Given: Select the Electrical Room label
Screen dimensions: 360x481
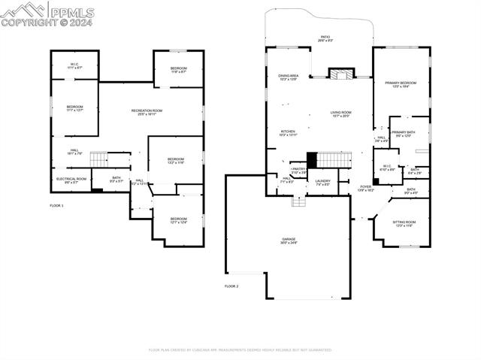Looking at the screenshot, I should coord(71,180).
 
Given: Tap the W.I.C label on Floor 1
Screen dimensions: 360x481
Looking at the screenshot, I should coord(74,66).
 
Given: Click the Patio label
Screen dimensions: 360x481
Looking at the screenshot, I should coord(325,38).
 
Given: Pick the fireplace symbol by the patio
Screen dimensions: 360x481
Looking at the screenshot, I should coord(340,74).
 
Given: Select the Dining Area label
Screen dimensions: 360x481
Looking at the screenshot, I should coord(289,77).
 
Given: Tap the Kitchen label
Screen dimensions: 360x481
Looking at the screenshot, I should coord(289,133).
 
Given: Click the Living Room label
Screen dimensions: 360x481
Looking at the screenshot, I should coord(340,114).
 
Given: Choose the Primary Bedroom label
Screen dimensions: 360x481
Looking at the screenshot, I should coord(401,85).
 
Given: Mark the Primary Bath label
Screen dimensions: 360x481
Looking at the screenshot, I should coord(403,134).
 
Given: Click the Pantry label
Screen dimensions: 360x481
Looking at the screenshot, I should coord(298,171).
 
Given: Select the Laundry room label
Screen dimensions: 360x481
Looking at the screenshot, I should coord(323,182).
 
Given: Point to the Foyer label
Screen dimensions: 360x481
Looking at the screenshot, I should coord(365,189).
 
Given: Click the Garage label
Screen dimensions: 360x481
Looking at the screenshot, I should coord(289,241).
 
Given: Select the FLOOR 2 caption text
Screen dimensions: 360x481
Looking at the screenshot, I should coord(231,286).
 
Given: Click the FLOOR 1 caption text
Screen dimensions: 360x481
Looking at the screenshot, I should coord(57,205).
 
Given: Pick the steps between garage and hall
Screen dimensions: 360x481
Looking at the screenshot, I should coord(299,201).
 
